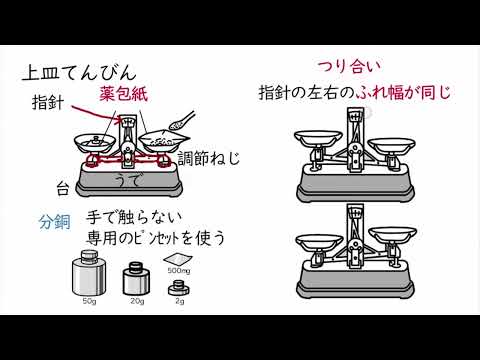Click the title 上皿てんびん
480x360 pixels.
[79, 73]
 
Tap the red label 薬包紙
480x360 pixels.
[123, 93]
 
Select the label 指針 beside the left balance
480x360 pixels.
[47, 102]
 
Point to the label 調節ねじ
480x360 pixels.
[209, 158]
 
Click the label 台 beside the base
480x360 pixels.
[63, 189]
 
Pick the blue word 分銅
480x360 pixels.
[55, 221]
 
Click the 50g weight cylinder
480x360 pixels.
[89, 273]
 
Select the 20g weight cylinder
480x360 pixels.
[136, 279]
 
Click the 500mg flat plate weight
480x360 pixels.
[178, 260]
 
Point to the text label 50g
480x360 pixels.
[89, 301]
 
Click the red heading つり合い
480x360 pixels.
[349, 66]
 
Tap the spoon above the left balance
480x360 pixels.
[182, 121]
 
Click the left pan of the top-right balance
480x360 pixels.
[318, 138]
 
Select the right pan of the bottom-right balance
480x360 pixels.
[392, 234]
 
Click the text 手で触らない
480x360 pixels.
[134, 218]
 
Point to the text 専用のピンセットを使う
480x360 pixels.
[155, 238]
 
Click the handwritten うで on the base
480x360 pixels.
[126, 180]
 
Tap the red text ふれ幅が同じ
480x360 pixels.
[403, 92]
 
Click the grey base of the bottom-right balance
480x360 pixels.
[355, 282]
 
